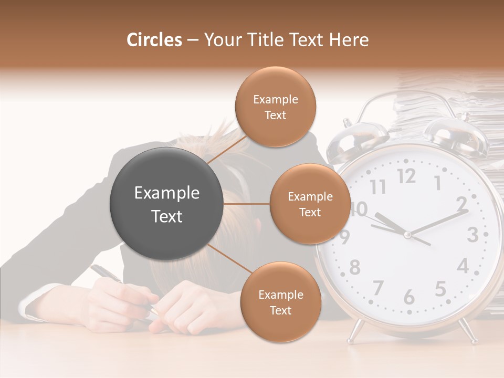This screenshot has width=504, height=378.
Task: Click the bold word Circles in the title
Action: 154,40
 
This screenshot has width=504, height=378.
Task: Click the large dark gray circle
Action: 166,204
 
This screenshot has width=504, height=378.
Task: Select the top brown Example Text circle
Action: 275,107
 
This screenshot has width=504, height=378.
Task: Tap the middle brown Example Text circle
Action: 310,204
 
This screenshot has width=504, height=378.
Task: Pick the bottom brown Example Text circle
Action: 280,302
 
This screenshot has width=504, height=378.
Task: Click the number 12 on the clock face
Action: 406,177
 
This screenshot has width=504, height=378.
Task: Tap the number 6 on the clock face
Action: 408,298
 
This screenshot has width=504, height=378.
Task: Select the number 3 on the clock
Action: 472,235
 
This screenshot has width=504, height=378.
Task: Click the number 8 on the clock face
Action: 355,267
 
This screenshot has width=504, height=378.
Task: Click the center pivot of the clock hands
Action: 407,235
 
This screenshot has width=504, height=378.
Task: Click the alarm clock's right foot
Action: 466,332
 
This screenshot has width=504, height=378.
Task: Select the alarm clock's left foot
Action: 355,331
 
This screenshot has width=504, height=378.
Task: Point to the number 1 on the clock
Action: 437,183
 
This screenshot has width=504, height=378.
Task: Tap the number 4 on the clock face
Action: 462,266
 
